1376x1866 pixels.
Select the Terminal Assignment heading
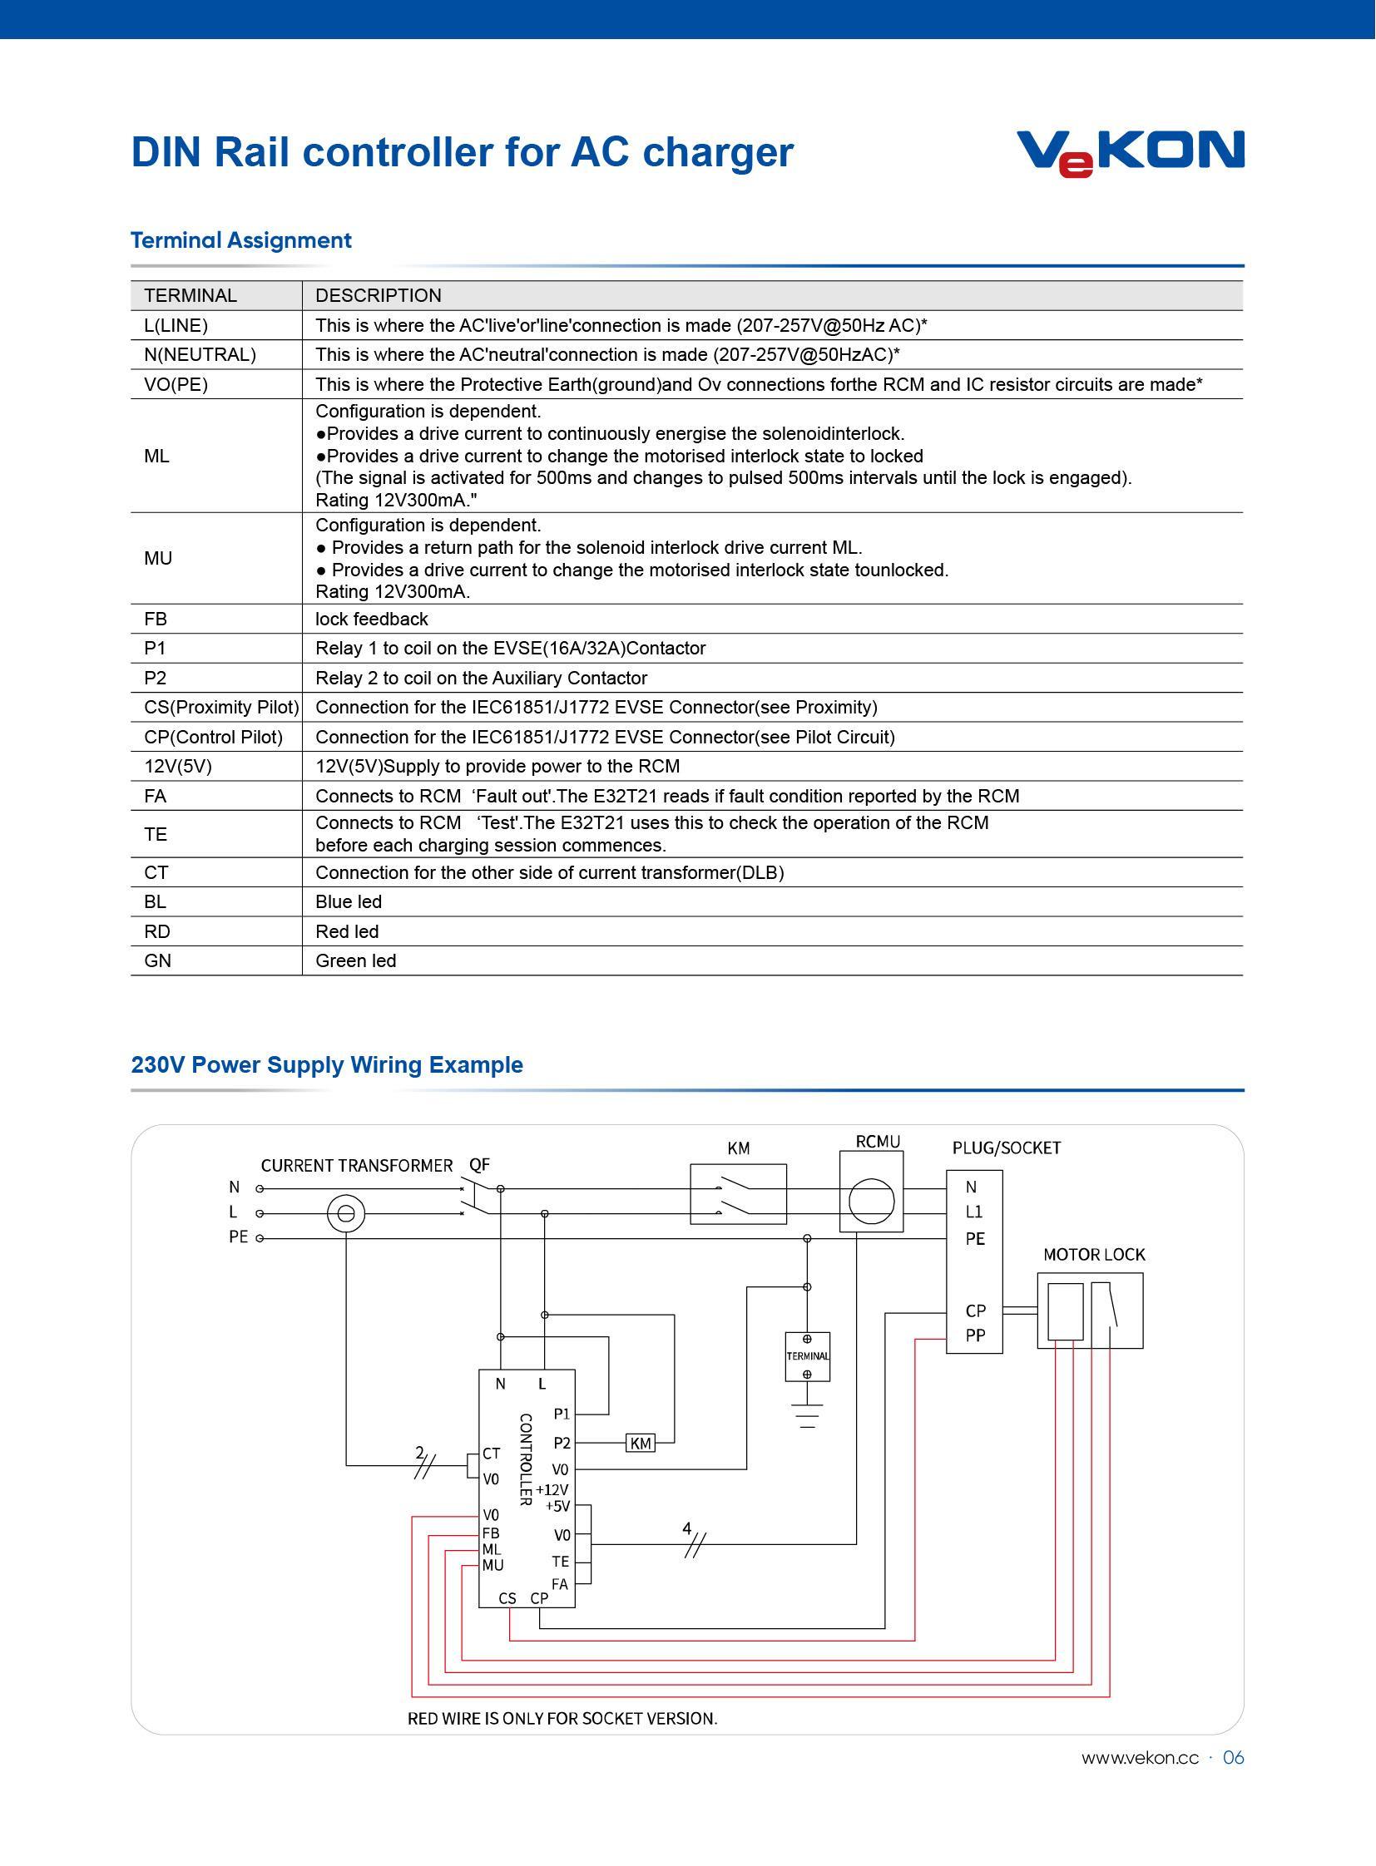240,240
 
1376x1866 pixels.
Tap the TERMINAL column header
190,295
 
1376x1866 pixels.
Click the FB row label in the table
155,619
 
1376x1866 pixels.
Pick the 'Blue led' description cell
349,901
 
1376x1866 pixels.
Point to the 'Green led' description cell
356,961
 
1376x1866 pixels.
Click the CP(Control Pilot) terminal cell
213,737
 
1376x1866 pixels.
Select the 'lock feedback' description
372,619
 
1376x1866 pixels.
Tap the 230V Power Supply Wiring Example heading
326,1065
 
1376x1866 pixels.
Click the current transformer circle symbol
346,1214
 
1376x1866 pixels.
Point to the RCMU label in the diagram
878,1142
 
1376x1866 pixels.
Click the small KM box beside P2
640,1443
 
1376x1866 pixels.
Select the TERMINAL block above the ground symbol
807,1356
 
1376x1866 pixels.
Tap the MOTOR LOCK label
1095,1255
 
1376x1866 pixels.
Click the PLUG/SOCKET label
1006,1148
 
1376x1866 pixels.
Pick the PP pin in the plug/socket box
975,1335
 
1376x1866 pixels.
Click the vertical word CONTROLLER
526,1459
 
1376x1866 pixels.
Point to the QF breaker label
480,1165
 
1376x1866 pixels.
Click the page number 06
1234,1758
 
